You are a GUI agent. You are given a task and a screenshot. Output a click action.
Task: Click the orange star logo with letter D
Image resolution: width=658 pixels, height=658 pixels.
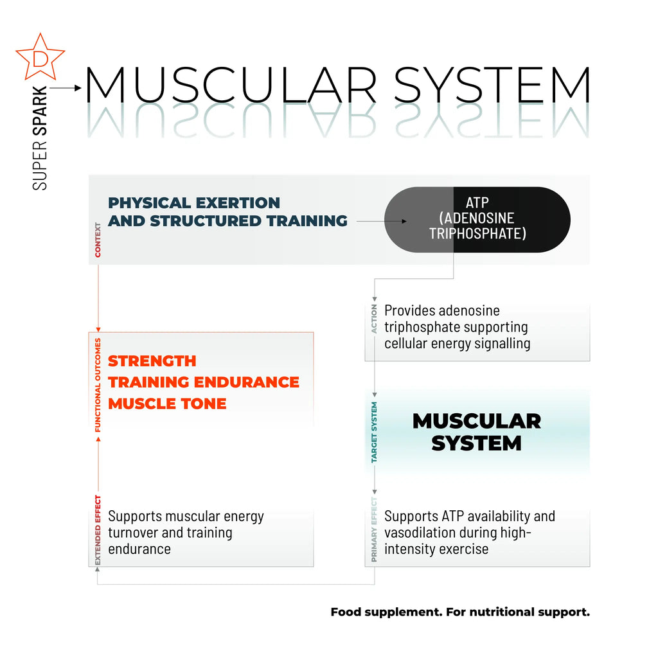40,57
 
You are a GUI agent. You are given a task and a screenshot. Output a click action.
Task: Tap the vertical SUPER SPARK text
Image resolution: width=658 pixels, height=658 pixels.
40,138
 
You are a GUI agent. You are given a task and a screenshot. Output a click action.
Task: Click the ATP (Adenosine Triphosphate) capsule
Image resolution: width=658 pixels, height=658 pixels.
477,219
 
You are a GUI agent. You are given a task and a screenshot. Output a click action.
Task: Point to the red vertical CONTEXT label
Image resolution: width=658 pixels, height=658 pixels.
98,240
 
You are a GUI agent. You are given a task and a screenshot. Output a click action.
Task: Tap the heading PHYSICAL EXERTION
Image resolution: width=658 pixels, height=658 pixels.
194,203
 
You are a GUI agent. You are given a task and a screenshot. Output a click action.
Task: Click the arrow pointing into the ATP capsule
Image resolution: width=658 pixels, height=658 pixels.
382,221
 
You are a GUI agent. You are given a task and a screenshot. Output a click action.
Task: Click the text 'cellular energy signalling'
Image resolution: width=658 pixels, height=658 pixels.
457,343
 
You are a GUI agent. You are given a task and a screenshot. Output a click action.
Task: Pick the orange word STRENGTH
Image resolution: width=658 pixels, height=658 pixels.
152,360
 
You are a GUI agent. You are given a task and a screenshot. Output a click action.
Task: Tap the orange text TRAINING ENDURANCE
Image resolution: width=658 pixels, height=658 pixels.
204,382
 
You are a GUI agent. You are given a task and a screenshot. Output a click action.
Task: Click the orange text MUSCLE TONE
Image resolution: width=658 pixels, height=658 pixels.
167,404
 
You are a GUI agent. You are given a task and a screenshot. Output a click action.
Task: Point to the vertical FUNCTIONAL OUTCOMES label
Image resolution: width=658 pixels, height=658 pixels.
98,384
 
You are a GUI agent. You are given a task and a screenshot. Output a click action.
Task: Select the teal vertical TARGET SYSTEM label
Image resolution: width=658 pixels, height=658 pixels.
375,432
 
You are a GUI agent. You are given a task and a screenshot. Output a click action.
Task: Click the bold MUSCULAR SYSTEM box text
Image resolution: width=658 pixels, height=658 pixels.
476,432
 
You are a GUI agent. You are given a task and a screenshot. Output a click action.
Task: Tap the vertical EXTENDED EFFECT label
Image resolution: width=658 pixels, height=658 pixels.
98,529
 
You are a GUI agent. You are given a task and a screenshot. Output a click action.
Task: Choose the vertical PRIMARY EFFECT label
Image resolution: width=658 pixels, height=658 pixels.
375,529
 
